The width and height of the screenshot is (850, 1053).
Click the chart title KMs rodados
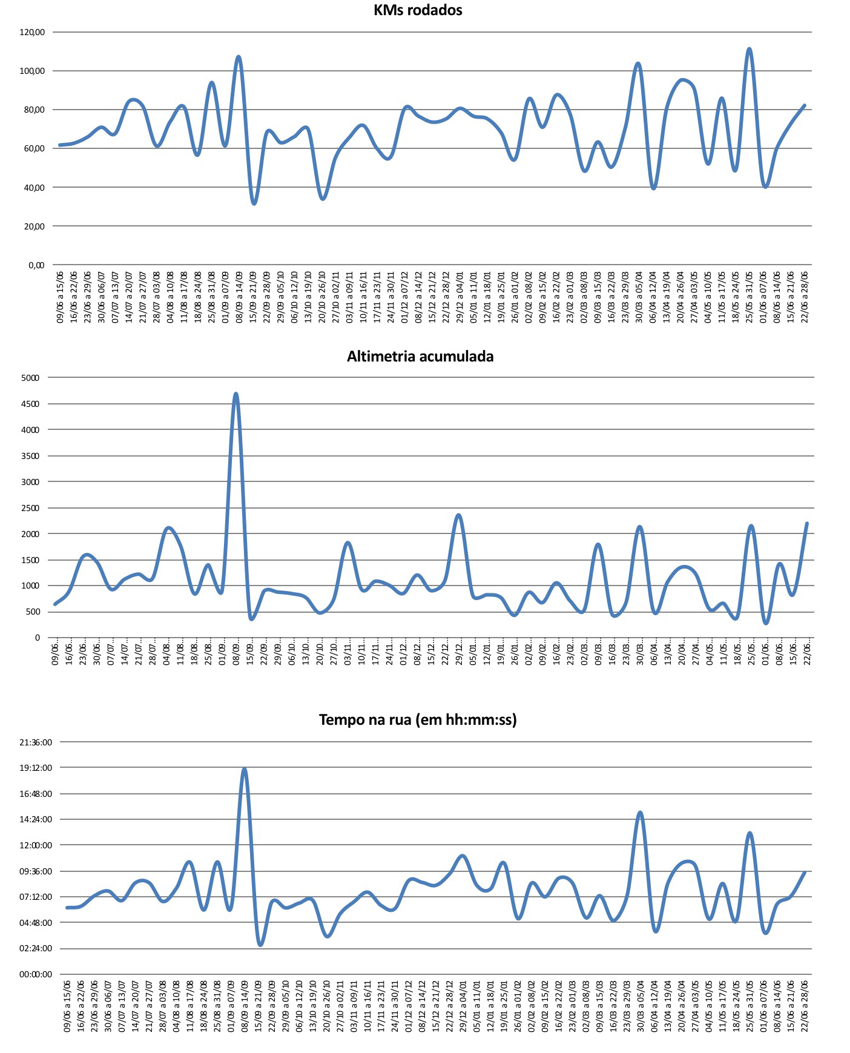(418, 10)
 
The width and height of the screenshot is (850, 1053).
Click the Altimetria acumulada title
(420, 356)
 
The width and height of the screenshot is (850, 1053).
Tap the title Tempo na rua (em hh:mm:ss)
(418, 719)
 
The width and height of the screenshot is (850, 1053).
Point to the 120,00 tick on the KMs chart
(32, 32)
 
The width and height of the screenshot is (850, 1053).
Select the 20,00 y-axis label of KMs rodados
(32, 226)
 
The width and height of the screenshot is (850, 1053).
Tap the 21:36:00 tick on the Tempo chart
(36, 742)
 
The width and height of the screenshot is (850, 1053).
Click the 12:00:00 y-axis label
(36, 845)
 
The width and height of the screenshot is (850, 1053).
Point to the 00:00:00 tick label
(36, 974)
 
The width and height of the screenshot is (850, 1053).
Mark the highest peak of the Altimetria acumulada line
(236, 394)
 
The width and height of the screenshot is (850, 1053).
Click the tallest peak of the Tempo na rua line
(245, 769)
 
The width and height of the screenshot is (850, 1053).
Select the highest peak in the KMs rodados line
(750, 49)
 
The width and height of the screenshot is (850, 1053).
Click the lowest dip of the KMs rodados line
(254, 203)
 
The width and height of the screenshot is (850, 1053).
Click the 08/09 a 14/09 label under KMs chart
(239, 297)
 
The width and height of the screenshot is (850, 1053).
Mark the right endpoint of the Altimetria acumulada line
(807, 523)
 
